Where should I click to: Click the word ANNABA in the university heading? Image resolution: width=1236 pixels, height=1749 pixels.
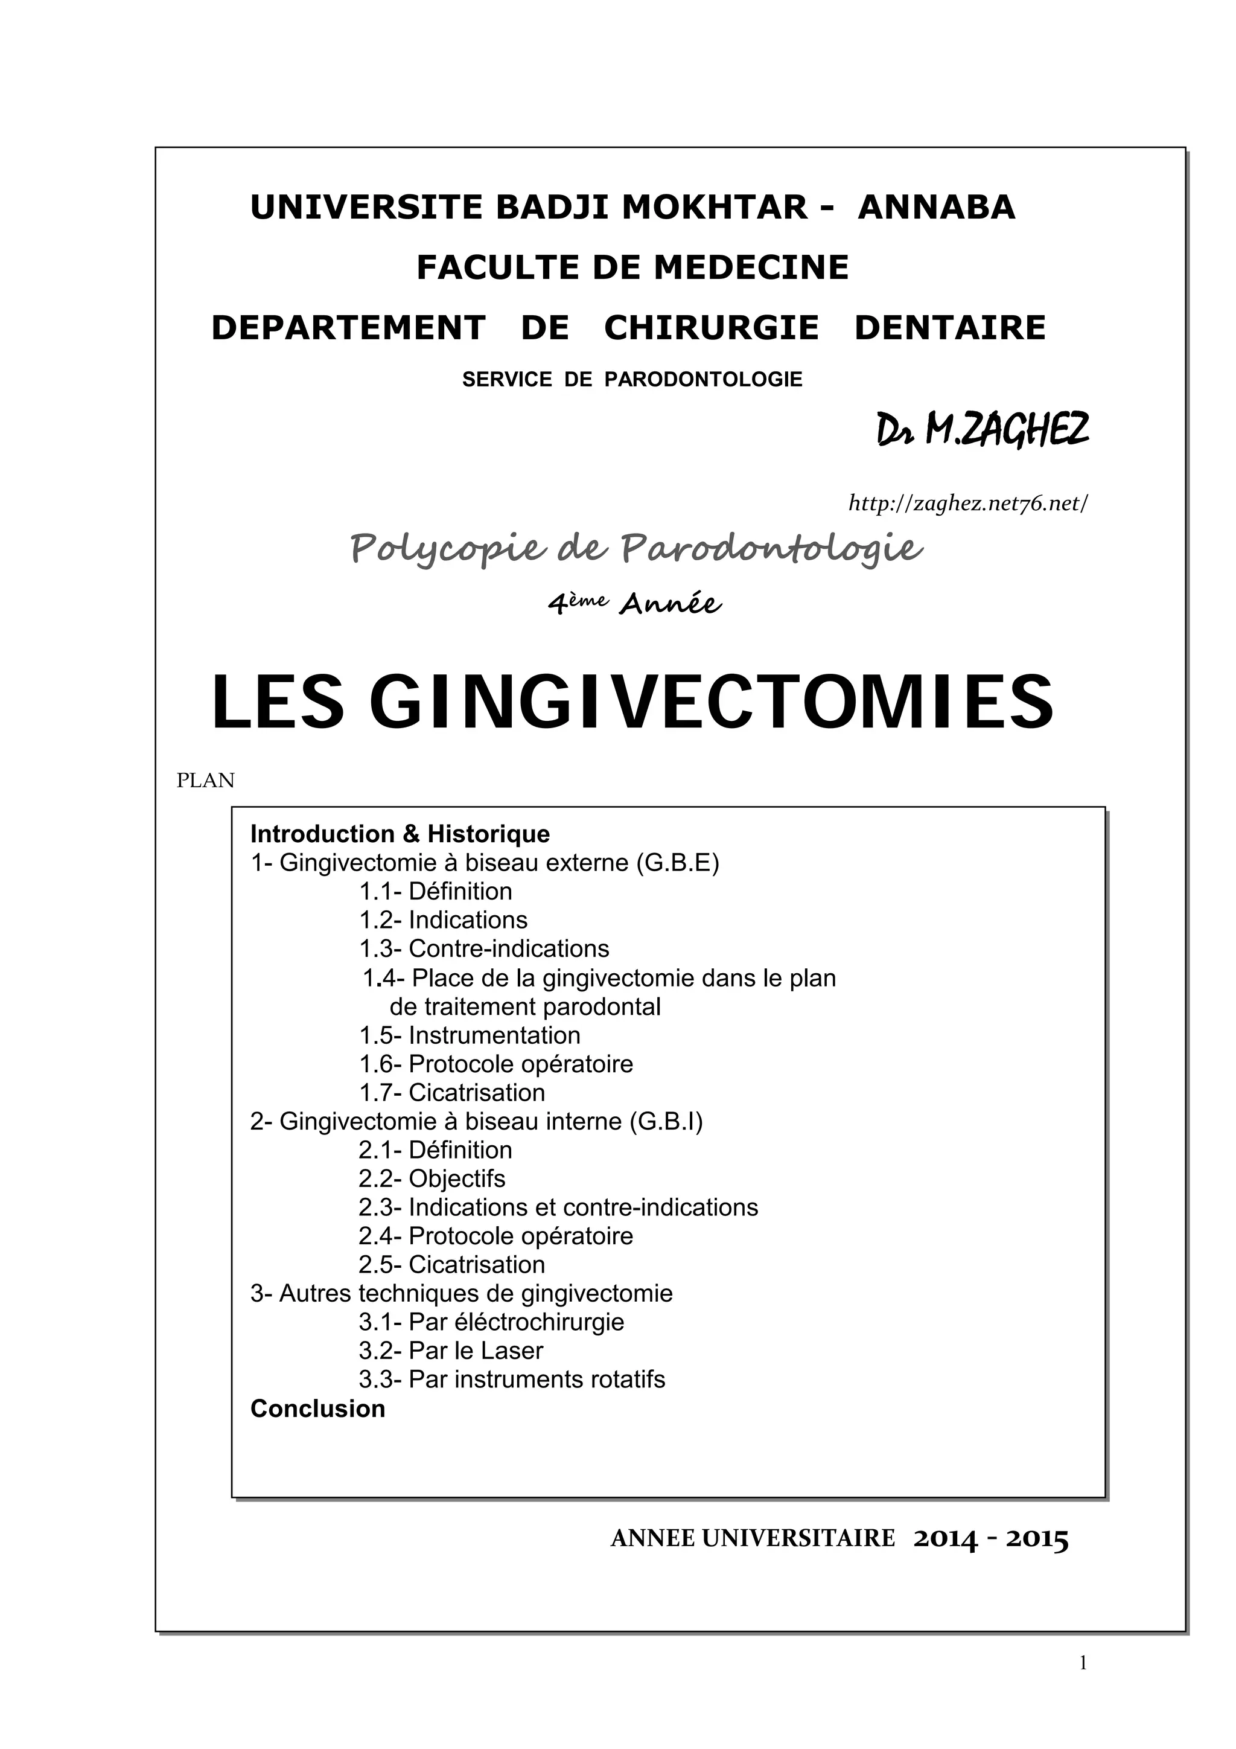[x=936, y=207]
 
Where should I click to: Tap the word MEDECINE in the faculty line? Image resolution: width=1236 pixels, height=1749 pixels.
[x=751, y=267]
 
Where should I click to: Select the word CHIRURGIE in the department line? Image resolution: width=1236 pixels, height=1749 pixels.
[x=712, y=328]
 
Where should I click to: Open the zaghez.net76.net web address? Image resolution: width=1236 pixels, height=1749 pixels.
[x=968, y=503]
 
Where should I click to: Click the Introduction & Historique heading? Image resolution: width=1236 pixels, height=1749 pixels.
[x=400, y=834]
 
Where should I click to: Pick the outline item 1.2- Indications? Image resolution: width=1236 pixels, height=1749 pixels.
[x=443, y=920]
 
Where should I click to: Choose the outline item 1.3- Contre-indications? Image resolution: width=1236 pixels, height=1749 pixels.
[x=485, y=948]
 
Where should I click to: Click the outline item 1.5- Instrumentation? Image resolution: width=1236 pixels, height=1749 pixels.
[x=470, y=1035]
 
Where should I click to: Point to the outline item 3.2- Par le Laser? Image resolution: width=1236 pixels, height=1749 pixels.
[x=451, y=1351]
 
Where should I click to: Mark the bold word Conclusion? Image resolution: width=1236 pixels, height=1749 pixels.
[x=317, y=1408]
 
